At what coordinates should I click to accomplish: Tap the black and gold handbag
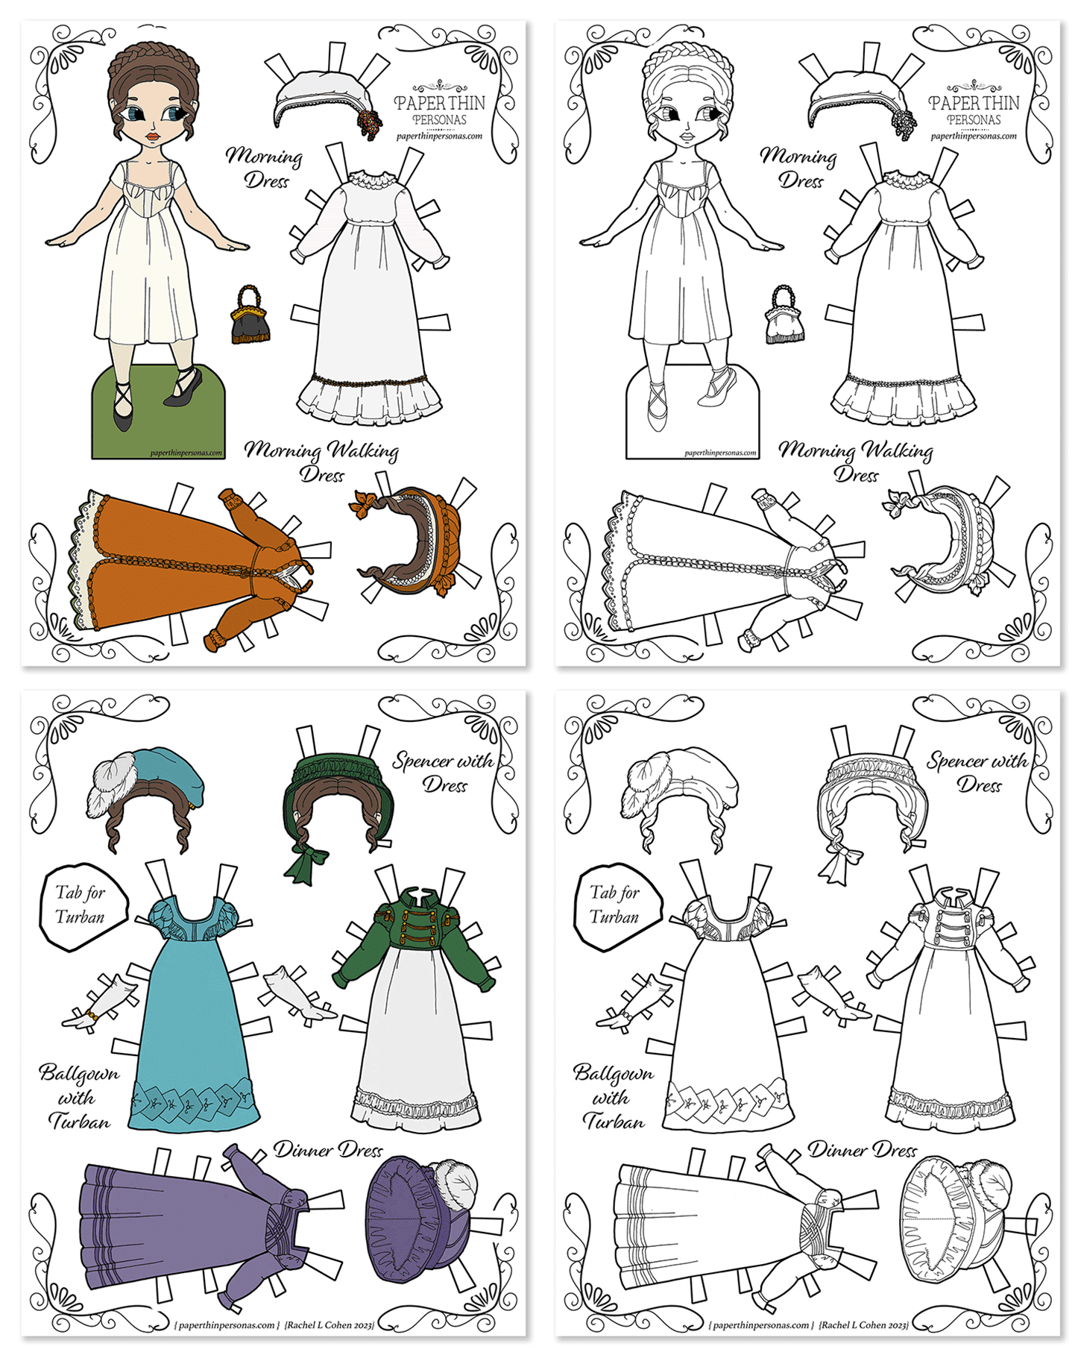[x=250, y=315]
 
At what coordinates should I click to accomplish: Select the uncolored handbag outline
[x=785, y=315]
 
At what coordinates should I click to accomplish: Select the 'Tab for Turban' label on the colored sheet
[x=82, y=905]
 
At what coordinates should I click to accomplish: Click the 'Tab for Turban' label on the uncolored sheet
[x=617, y=905]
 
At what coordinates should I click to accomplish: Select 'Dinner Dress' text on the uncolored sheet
[x=863, y=1151]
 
